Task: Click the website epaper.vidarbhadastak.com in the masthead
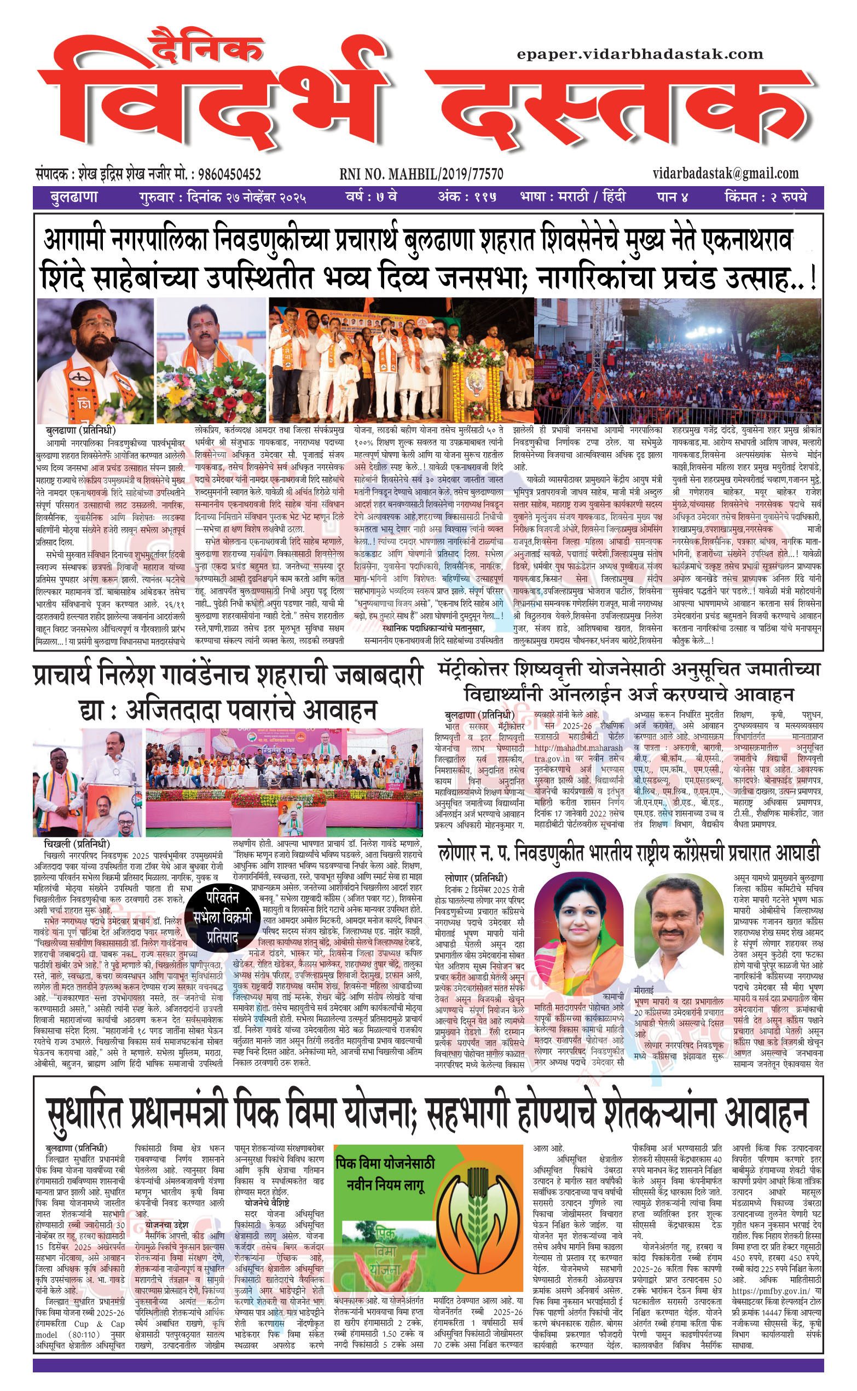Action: point(640,54)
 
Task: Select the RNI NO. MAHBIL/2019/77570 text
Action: point(421,174)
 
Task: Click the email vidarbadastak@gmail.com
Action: point(726,173)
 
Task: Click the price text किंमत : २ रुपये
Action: point(765,197)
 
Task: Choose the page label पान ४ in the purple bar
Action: point(672,197)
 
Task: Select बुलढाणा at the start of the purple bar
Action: point(74,197)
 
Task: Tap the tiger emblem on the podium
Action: point(473,386)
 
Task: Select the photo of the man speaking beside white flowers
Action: point(211,360)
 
